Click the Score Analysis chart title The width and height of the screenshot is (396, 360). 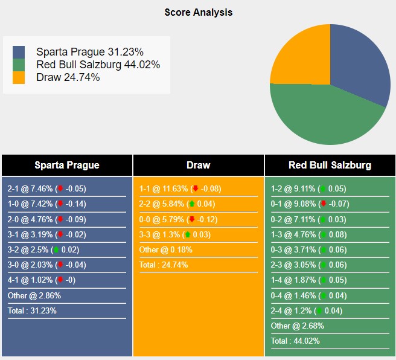click(198, 12)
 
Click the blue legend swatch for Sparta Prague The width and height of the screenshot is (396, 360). click(19, 52)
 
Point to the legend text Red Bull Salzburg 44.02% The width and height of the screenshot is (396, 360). click(98, 65)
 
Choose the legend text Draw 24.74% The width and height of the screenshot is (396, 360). click(68, 77)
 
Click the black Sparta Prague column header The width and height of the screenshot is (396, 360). click(67, 165)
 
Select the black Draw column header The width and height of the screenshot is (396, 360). click(199, 165)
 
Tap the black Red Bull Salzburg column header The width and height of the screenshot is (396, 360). click(330, 165)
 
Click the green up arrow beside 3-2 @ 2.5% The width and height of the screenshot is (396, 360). click(56, 249)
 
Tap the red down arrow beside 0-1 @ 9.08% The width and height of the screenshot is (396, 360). click(324, 204)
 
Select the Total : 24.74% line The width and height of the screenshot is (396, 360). click(164, 265)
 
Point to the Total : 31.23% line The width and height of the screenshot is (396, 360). click(32, 310)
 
